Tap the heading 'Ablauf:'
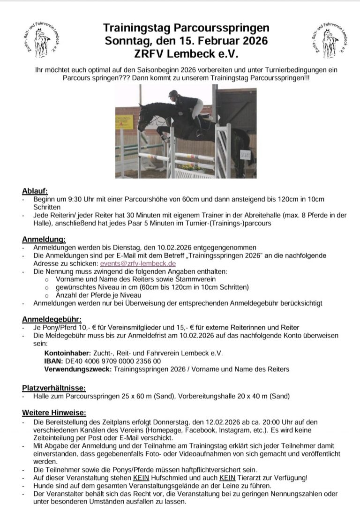[35, 191]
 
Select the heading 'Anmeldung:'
[44, 240]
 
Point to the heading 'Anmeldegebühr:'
[52, 320]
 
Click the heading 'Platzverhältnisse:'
[54, 388]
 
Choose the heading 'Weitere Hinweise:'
[54, 413]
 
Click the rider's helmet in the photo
[173, 94]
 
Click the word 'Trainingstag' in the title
[134, 28]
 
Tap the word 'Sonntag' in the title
[126, 40]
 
